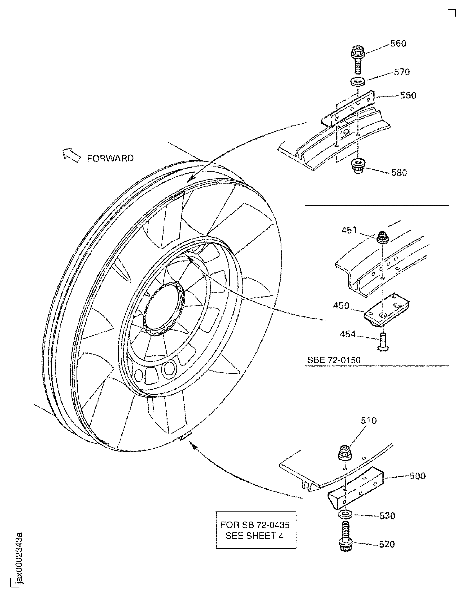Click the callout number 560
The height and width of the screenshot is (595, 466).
398,44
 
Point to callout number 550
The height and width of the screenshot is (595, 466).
408,95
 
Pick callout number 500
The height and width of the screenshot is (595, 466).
417,476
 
